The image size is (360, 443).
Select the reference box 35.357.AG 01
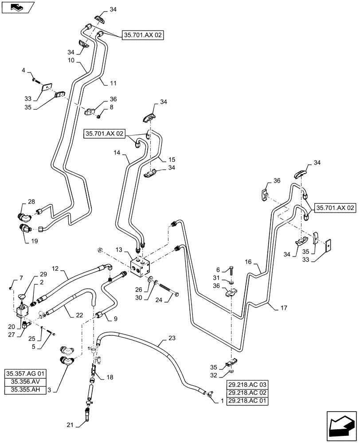tap(29, 373)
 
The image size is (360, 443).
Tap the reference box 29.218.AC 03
tap(248, 385)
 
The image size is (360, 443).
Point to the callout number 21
tap(70, 425)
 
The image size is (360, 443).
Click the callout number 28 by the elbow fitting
tap(31, 202)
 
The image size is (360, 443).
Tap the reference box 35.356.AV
tap(29, 381)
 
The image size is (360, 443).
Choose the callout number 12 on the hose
tap(55, 269)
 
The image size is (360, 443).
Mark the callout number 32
tap(214, 375)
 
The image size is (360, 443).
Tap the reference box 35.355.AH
tap(29, 389)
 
